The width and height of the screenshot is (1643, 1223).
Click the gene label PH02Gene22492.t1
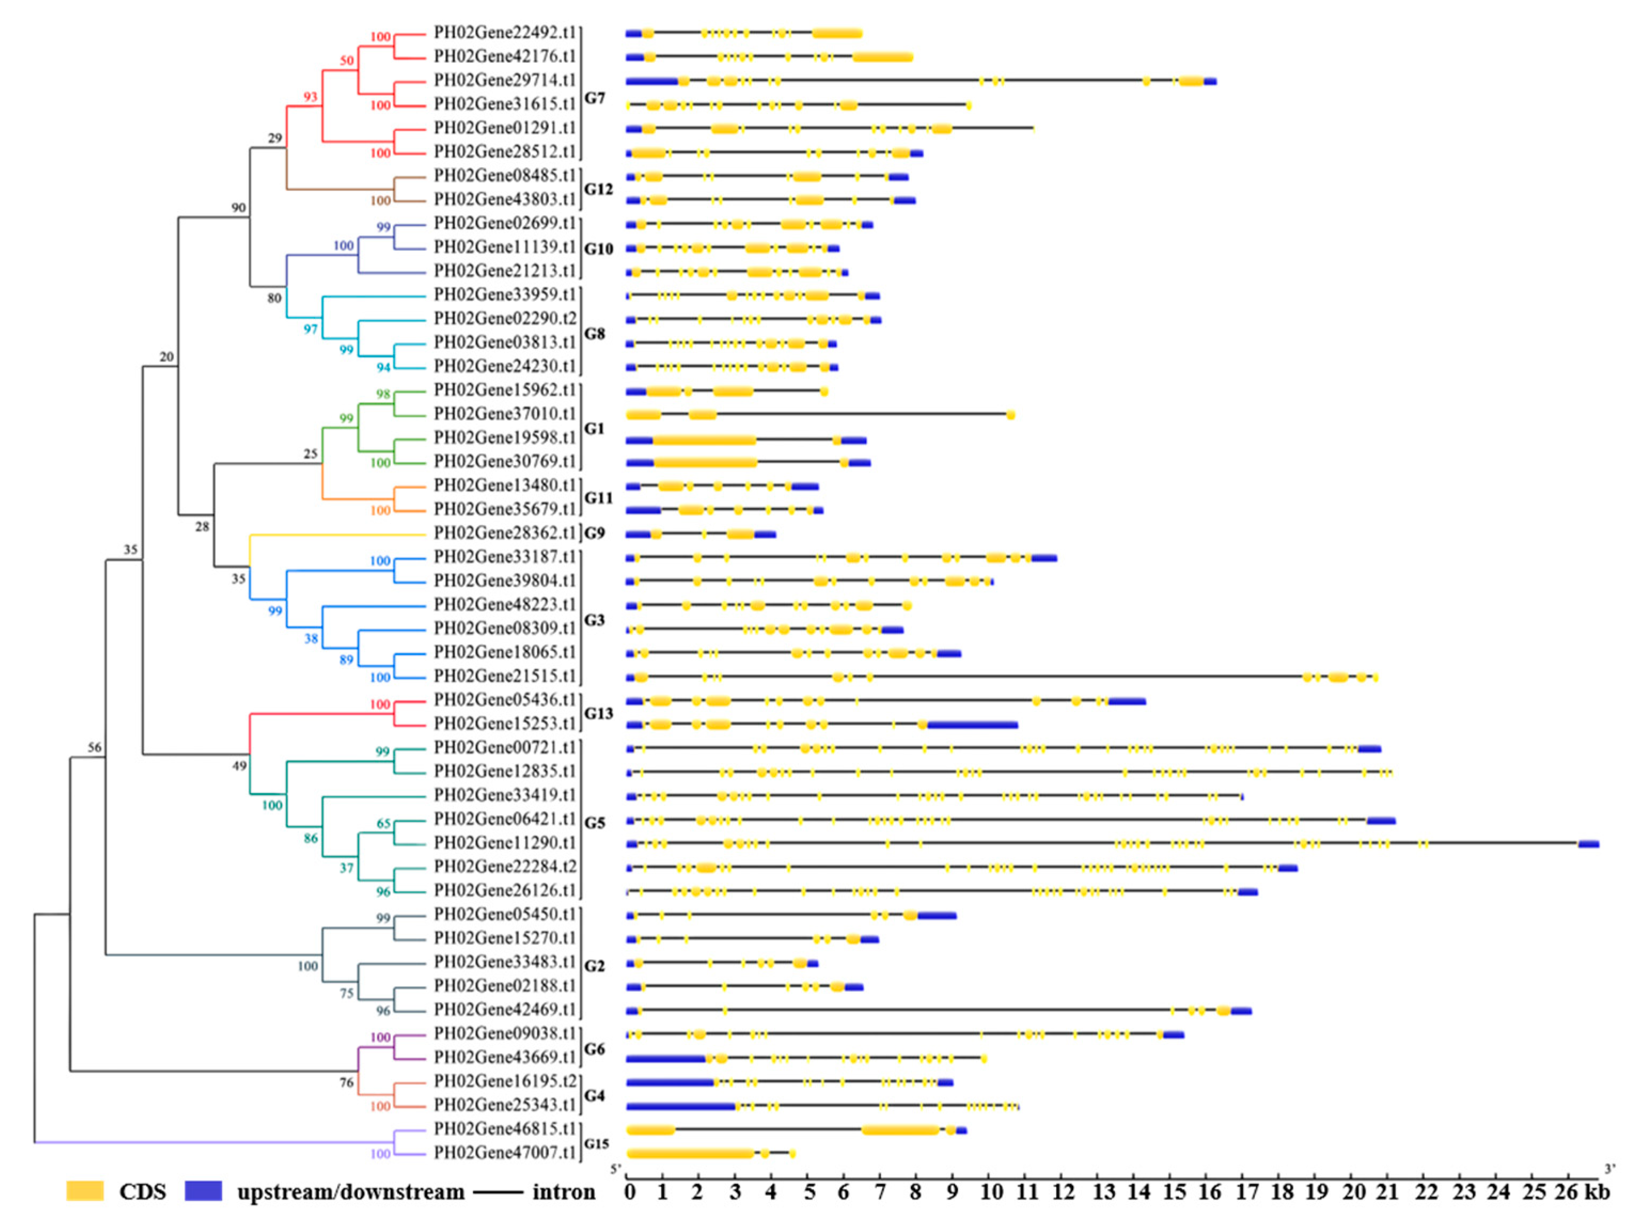tap(504, 33)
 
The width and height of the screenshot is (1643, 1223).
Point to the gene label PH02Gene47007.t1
tap(504, 1153)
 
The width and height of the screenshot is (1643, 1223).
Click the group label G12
tap(598, 189)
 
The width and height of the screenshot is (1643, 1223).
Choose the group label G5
tap(594, 823)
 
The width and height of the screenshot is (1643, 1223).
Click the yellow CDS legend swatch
tap(84, 1191)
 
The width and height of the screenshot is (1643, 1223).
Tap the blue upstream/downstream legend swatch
tap(203, 1191)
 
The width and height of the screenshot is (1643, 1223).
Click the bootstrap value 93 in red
tap(310, 97)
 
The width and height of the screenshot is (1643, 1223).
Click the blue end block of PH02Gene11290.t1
tap(1588, 844)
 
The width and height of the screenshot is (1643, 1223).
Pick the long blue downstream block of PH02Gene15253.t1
tap(972, 725)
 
